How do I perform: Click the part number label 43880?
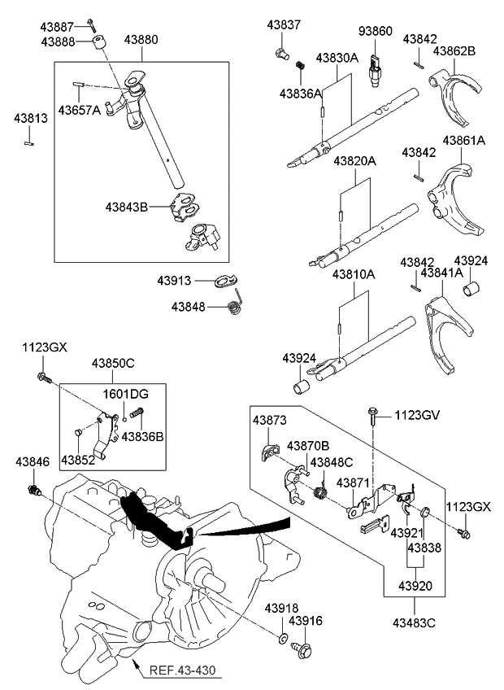point(141,37)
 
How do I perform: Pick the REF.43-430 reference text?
point(183,671)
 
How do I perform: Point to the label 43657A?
point(79,110)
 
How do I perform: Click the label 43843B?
point(126,207)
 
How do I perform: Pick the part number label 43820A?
point(354,161)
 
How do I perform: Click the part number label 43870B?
point(307,445)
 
